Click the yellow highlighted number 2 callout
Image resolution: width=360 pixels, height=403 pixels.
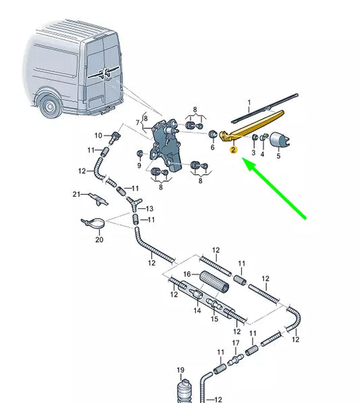[233, 150]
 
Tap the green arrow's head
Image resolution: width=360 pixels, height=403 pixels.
[249, 164]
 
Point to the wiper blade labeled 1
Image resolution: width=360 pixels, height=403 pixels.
[265, 108]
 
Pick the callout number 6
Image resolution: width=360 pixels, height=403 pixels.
[212, 147]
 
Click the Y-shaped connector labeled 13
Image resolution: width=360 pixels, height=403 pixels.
[134, 203]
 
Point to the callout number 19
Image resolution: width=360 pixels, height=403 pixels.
[180, 370]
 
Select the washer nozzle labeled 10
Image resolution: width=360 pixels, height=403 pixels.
[115, 137]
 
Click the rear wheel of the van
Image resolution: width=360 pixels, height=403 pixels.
[49, 106]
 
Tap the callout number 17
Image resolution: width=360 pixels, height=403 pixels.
[236, 343]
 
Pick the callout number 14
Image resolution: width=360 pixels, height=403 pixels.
[197, 310]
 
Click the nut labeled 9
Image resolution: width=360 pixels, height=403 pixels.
[140, 153]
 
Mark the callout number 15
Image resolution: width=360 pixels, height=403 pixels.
[214, 318]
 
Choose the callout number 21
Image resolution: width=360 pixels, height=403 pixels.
[76, 194]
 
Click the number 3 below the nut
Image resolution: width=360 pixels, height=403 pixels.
[253, 153]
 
